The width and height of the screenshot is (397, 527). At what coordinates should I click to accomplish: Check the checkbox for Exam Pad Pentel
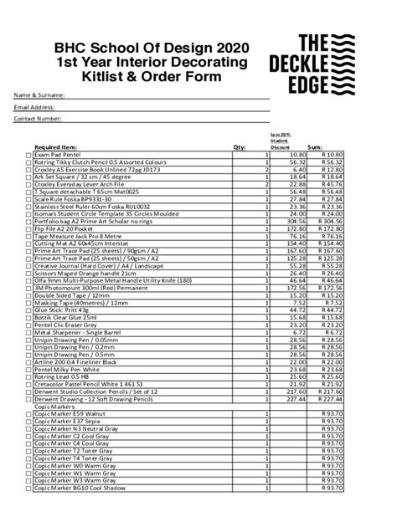(x=29, y=156)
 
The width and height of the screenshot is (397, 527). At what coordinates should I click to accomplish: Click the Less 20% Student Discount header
(x=280, y=140)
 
